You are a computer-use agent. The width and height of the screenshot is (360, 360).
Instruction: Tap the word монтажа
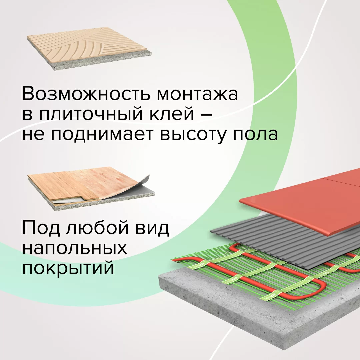(x=197, y=94)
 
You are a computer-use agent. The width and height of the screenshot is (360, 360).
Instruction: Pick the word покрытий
(x=68, y=268)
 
